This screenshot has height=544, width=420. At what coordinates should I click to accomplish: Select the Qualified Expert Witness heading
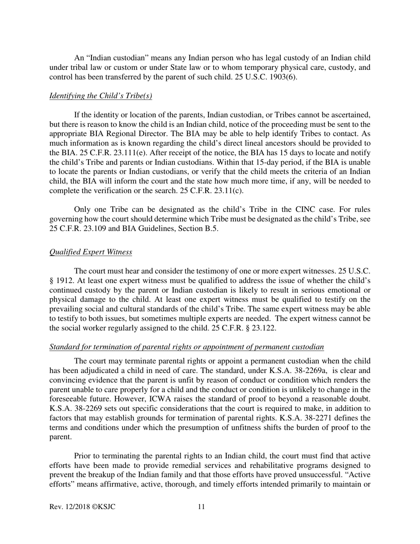tap(91, 252)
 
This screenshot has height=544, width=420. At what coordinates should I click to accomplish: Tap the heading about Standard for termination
tap(187, 347)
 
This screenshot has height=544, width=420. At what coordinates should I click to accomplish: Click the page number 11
tap(201, 507)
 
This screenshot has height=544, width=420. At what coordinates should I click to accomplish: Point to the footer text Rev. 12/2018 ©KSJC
tap(82, 507)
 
